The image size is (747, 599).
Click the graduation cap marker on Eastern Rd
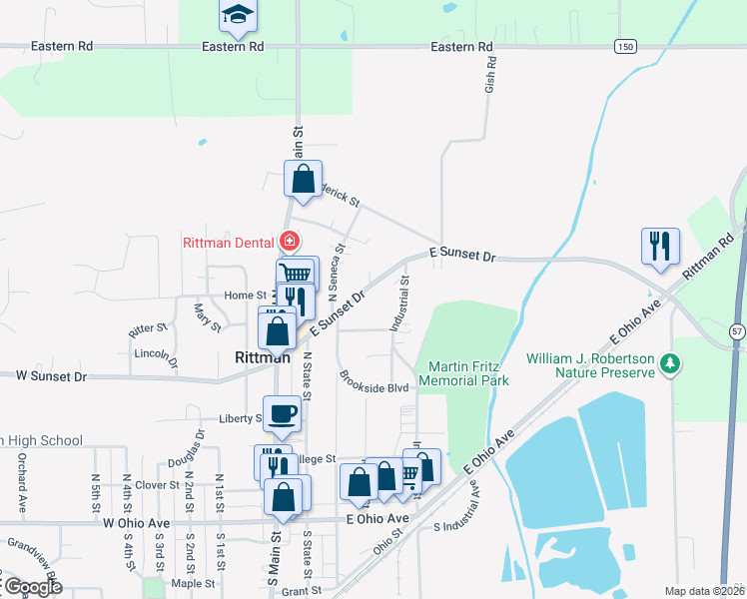[238, 14]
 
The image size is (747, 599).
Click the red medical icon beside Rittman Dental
[290, 241]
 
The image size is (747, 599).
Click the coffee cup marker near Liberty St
[283, 413]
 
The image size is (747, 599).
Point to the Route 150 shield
[625, 47]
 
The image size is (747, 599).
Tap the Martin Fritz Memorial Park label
[464, 373]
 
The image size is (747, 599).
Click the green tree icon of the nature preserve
[674, 364]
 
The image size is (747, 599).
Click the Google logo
[33, 587]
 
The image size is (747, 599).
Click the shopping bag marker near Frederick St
[304, 180]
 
